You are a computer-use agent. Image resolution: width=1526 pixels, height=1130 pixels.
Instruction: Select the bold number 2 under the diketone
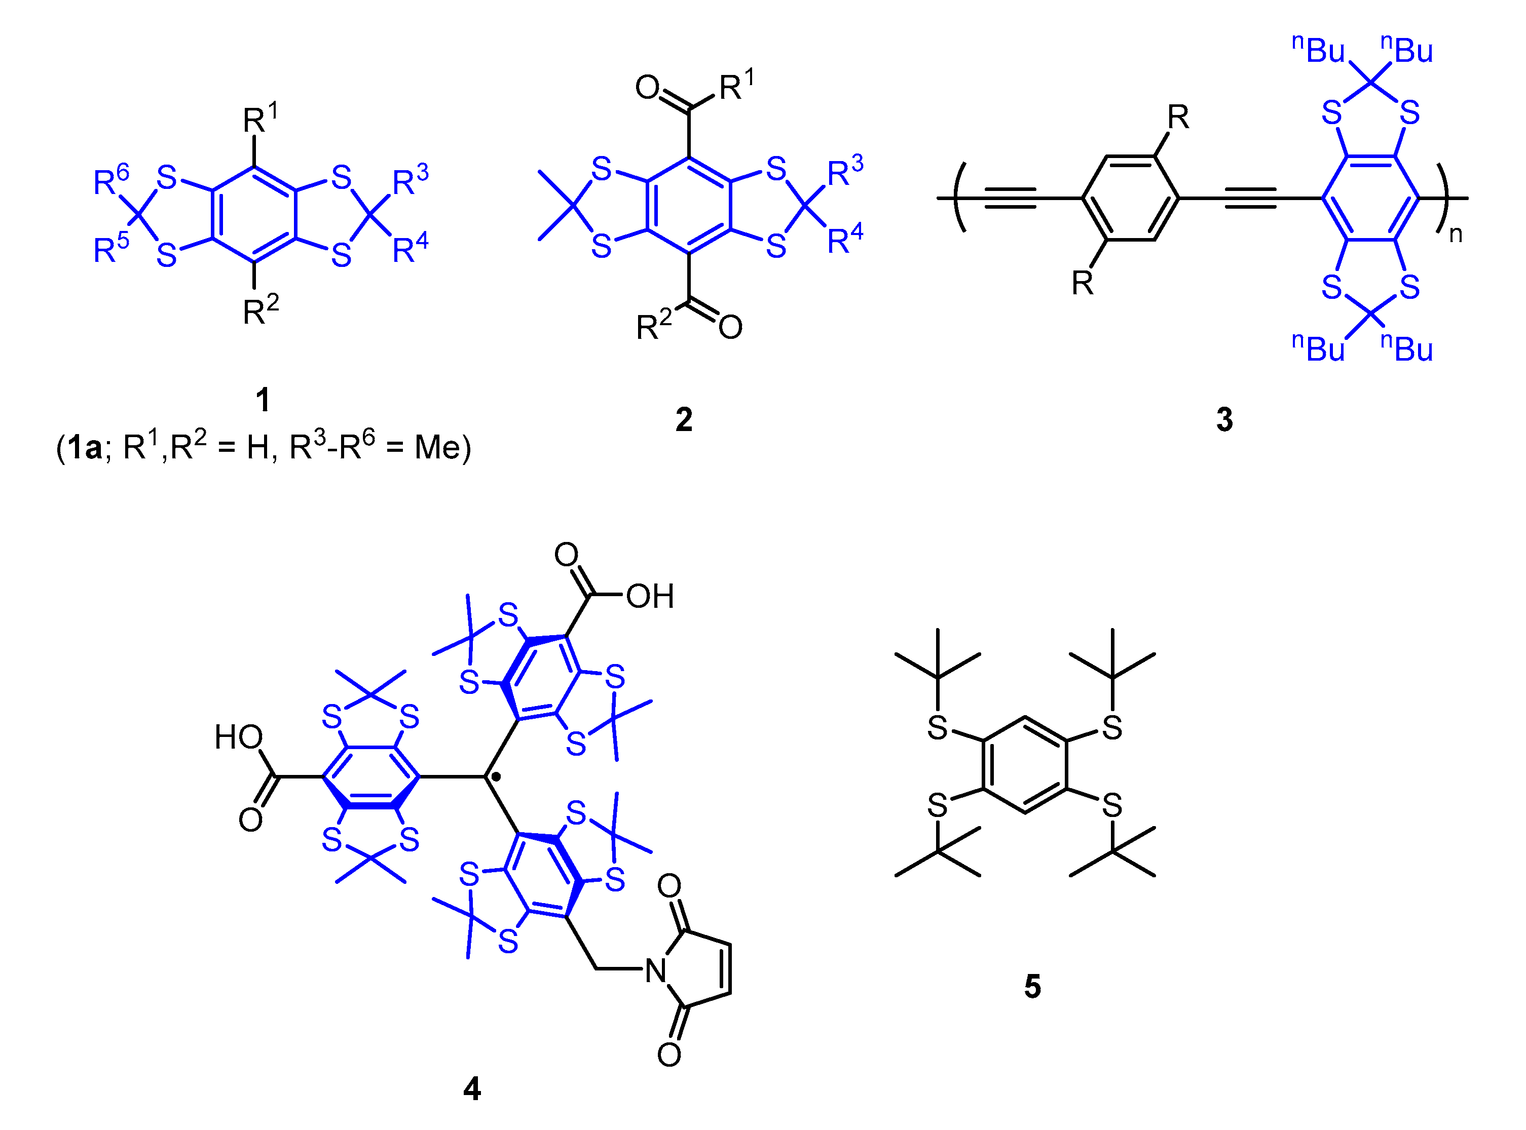click(684, 419)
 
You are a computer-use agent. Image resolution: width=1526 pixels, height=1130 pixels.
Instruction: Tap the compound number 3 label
click(1224, 419)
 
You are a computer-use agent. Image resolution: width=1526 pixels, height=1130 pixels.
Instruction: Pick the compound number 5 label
click(1032, 986)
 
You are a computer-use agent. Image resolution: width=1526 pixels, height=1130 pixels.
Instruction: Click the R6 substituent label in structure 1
click(110, 181)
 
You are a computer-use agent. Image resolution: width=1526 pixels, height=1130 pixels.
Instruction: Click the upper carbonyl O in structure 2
click(647, 88)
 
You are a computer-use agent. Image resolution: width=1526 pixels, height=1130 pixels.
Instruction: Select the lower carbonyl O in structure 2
click(730, 327)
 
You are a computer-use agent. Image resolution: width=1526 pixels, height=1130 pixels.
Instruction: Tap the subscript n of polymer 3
click(1456, 235)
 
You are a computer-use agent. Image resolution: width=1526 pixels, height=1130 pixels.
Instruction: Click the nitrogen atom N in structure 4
click(656, 970)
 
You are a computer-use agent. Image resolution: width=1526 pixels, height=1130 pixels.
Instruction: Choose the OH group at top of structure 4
click(649, 597)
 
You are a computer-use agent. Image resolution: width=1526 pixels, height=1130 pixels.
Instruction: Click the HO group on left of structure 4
click(238, 737)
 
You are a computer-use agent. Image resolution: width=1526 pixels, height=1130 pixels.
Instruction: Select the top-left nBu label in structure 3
click(1317, 49)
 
